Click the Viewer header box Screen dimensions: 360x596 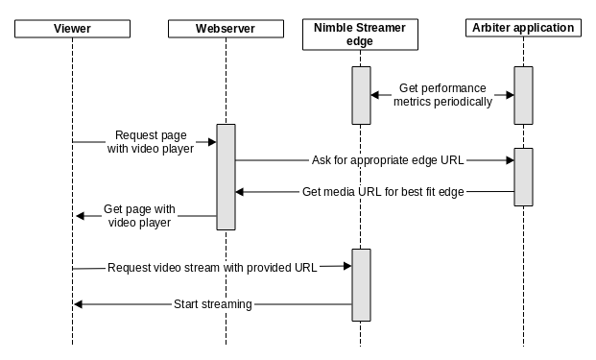72,29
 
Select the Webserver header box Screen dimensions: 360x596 225,29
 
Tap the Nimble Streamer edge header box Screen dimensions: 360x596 360,35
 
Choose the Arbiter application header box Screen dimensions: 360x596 523,29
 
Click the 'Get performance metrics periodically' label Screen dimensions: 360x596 442,94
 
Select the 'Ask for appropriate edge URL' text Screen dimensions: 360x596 387,160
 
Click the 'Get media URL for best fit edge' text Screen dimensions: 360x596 383,192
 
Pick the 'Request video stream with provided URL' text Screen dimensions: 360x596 213,267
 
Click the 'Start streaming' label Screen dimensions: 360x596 213,304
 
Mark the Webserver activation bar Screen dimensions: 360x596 226,177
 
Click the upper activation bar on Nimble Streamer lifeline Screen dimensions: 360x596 361,95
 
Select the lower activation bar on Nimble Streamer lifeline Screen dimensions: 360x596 361,285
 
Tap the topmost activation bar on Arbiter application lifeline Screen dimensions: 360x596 523,95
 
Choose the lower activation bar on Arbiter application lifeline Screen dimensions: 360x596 523,177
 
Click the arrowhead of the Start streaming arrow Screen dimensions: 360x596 79,304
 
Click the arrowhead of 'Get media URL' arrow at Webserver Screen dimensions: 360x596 240,192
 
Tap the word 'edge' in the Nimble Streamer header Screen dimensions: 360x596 360,42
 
